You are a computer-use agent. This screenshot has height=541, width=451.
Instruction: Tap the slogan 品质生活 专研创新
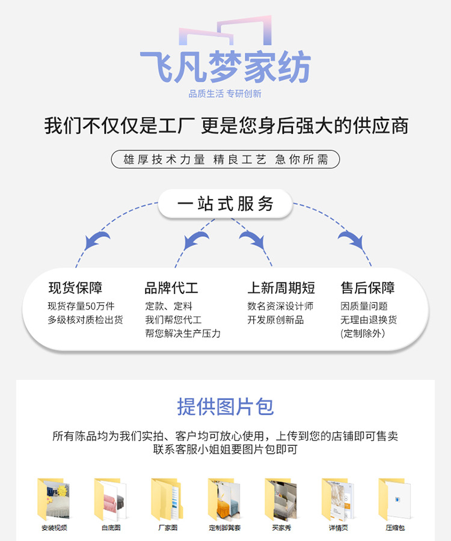(x=225, y=94)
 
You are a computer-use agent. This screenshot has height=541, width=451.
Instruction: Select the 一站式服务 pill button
(x=225, y=204)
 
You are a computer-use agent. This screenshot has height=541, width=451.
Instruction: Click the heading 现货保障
(x=75, y=287)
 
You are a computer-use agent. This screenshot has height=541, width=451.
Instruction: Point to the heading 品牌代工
(x=171, y=287)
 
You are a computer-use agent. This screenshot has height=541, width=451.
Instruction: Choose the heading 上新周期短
(x=281, y=287)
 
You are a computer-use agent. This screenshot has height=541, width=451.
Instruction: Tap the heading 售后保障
(x=367, y=287)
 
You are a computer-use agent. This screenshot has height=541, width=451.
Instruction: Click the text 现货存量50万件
(x=81, y=306)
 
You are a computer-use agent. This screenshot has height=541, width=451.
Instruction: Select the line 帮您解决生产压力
(x=183, y=333)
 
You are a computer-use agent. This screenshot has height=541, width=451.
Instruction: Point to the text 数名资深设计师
(x=280, y=306)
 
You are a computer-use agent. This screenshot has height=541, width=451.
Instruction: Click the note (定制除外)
(x=363, y=333)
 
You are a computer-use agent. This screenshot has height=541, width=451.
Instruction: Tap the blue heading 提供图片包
(x=225, y=406)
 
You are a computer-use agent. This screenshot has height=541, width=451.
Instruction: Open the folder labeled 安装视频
(x=54, y=499)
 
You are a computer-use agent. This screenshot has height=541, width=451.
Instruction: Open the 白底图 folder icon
(x=111, y=499)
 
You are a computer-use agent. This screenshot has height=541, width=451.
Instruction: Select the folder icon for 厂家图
(x=168, y=499)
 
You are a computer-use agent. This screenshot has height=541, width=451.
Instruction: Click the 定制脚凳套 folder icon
(x=224, y=499)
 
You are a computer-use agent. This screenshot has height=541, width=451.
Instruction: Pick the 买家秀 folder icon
(x=281, y=499)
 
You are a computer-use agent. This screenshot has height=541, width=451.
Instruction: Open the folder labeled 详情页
(x=338, y=499)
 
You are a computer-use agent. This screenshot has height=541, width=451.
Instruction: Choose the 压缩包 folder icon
(x=394, y=499)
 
